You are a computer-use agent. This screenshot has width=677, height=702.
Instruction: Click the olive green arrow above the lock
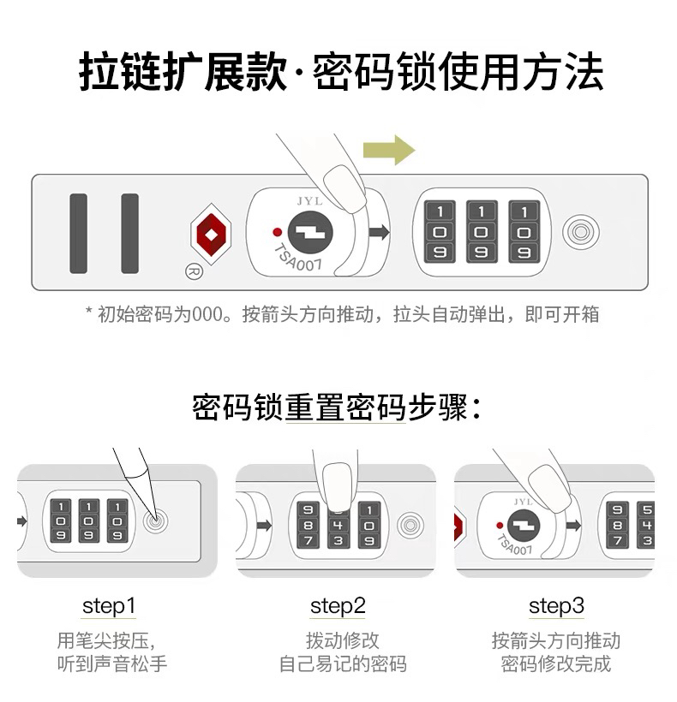click(x=388, y=150)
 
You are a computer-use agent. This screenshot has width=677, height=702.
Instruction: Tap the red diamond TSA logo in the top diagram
click(x=211, y=234)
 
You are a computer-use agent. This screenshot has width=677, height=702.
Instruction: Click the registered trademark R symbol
click(x=194, y=271)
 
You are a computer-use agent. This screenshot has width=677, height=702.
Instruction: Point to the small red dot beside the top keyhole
click(x=278, y=232)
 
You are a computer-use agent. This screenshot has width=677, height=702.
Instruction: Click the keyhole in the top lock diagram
click(x=310, y=233)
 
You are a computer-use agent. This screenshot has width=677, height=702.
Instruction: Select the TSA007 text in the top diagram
click(x=297, y=258)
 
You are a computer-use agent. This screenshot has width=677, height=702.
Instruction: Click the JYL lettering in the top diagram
click(x=309, y=201)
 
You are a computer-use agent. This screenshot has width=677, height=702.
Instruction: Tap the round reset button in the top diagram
click(x=581, y=232)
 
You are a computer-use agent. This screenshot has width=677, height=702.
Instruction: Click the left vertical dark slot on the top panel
click(x=78, y=233)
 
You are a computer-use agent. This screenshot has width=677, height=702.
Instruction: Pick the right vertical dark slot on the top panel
click(x=130, y=233)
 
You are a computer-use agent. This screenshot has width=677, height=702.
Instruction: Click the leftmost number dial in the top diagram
click(x=440, y=231)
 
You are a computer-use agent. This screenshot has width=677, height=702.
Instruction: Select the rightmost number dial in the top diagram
click(x=524, y=231)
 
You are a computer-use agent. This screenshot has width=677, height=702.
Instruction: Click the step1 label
click(x=109, y=606)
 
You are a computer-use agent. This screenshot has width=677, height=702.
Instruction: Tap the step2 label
click(x=338, y=606)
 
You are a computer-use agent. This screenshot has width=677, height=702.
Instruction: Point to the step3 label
click(x=556, y=606)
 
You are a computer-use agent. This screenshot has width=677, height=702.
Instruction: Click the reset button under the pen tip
click(x=155, y=521)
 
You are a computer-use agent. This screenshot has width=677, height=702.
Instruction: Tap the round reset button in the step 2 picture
click(x=410, y=525)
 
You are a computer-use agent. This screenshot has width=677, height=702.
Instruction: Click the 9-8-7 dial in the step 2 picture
click(x=309, y=525)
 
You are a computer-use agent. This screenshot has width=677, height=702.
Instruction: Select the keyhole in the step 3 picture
click(x=524, y=526)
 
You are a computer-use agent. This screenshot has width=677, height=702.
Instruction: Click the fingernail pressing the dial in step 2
click(x=338, y=486)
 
